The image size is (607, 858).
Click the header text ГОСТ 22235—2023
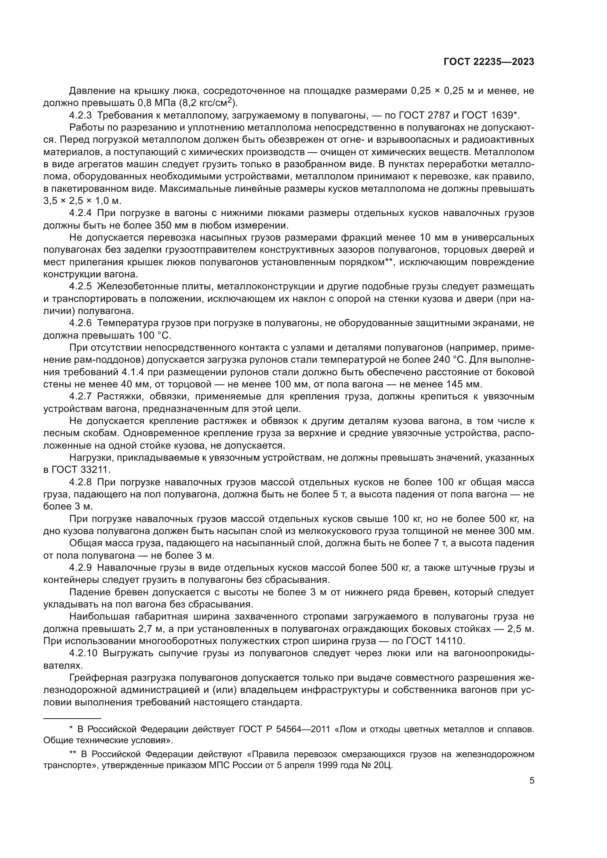tap(488, 62)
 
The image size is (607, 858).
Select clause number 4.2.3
tap(80, 115)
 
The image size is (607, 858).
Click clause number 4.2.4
tap(80, 213)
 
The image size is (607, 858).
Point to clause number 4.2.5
tap(80, 286)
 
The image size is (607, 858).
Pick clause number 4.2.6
tap(80, 323)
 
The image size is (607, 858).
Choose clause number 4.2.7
tap(80, 397)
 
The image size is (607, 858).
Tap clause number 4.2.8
tap(80, 482)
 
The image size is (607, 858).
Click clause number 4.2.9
tap(80, 568)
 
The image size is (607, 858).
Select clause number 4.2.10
tap(83, 654)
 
